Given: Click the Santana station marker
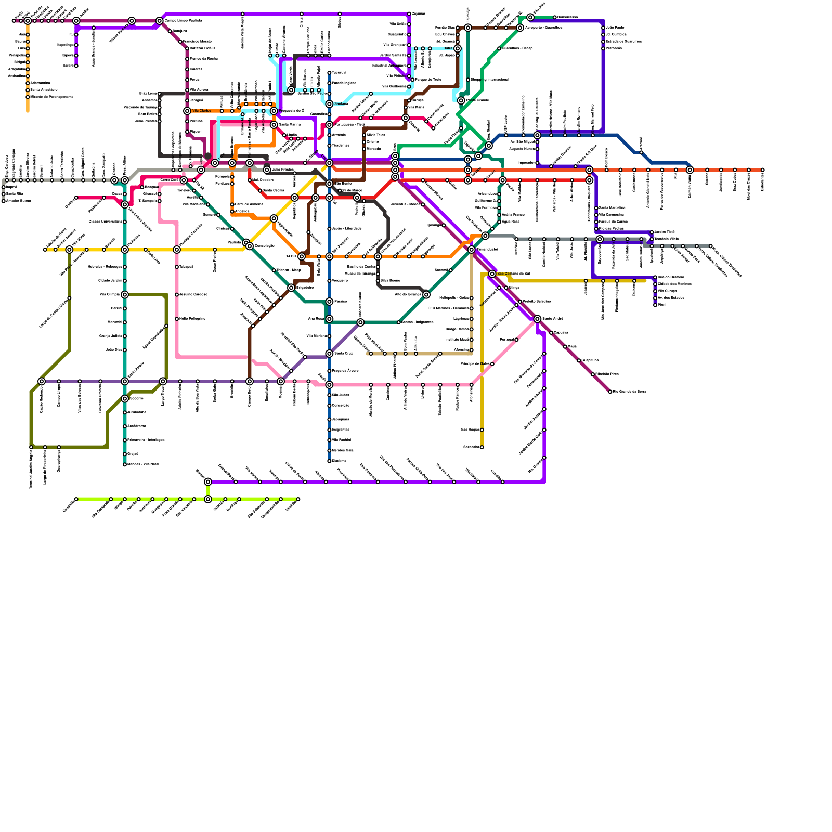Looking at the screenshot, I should (x=329, y=104).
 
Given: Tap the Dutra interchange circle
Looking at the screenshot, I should (x=457, y=48).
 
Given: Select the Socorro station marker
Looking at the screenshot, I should (x=125, y=399).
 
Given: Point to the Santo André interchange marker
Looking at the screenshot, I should (x=537, y=319).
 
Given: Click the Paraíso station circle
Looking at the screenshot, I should (x=329, y=302).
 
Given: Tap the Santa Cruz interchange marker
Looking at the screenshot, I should (x=329, y=354).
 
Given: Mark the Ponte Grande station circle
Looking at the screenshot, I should (x=461, y=100).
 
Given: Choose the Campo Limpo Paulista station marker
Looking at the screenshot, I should (x=160, y=21).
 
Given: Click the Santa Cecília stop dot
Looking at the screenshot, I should (x=260, y=191).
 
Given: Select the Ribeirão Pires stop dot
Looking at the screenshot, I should (x=593, y=374).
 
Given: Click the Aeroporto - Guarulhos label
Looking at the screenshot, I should (x=542, y=28).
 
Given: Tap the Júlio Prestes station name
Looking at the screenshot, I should (x=283, y=170).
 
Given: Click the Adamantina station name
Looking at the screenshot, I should (x=40, y=83).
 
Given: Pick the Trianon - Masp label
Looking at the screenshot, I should (x=289, y=270).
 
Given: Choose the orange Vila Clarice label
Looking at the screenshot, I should (x=202, y=111).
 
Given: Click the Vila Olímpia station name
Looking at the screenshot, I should (x=110, y=295).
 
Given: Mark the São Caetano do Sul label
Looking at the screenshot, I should (x=513, y=274).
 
